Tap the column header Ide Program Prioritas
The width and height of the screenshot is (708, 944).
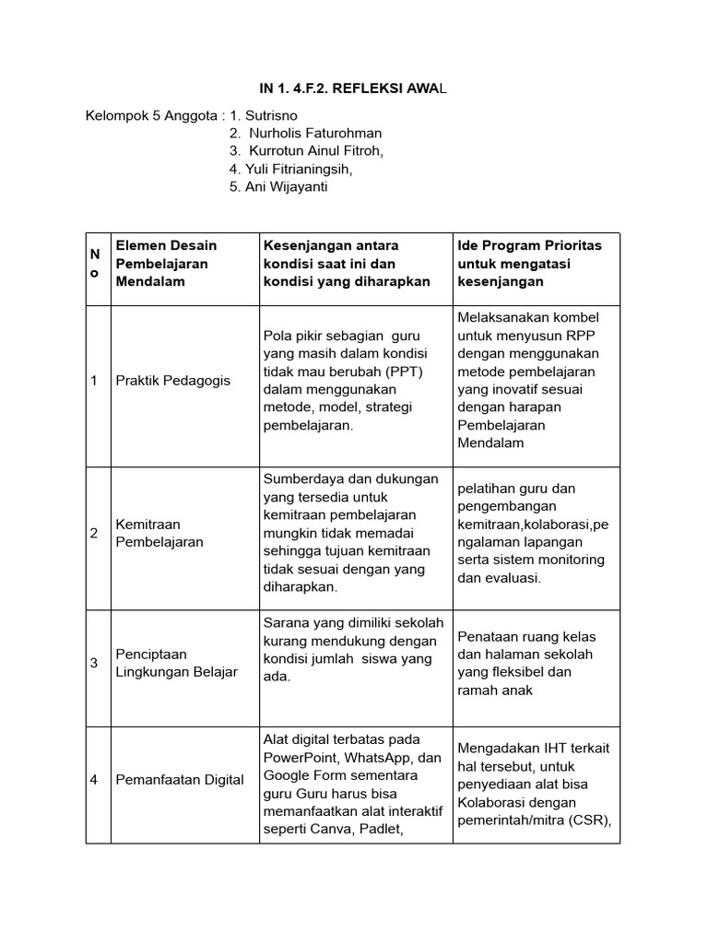coord(529,245)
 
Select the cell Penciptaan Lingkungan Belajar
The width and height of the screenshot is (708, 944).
coord(176,663)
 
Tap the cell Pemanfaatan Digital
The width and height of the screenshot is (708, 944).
coord(180,780)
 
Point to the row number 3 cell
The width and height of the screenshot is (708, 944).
coord(94,663)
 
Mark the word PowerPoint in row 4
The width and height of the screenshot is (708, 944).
coord(301,757)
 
